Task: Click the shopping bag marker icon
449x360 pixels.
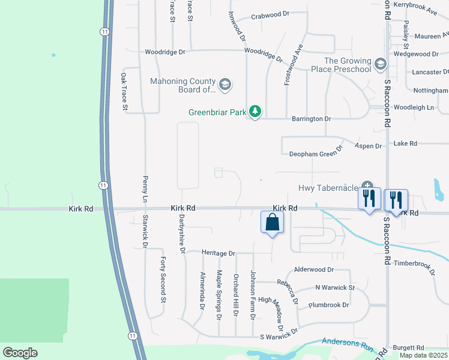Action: [x=273, y=221]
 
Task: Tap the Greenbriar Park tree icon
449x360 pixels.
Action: [x=256, y=112]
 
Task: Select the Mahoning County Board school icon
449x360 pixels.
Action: [x=225, y=84]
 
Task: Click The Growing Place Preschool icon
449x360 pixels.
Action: [x=380, y=64]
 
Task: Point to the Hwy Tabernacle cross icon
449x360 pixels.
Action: [x=367, y=187]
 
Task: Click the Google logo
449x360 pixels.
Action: [x=20, y=353]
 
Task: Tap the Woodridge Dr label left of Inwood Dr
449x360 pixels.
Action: [x=165, y=52]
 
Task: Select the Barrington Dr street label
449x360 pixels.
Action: [x=311, y=119]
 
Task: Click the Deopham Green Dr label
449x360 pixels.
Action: [x=316, y=153]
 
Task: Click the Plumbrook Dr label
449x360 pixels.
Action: [x=328, y=305]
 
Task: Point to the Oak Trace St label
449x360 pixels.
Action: [x=124, y=92]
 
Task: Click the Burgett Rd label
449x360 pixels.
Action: [x=408, y=347]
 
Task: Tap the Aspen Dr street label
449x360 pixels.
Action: [x=369, y=146]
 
